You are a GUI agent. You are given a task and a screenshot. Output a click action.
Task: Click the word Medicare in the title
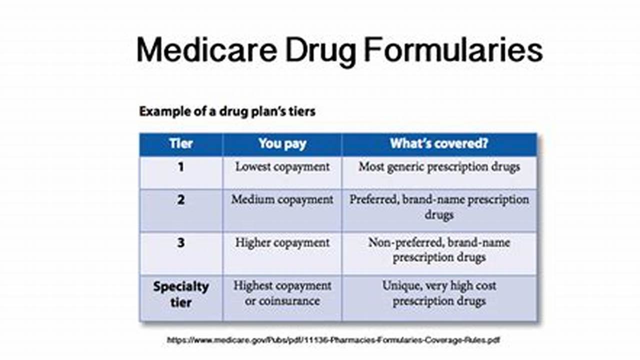[x=207, y=50]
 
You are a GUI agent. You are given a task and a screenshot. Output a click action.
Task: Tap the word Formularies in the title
[x=453, y=50]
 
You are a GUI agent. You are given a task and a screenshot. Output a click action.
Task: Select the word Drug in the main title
[x=321, y=52]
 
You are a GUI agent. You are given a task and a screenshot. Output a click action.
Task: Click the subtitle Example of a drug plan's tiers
[x=227, y=111]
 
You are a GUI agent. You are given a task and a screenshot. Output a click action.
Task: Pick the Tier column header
[x=181, y=143]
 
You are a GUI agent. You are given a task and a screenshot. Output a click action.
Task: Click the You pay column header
[x=282, y=144]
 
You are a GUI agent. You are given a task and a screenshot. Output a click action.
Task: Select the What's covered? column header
[x=439, y=143]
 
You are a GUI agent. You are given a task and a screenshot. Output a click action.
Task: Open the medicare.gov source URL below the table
[x=333, y=340]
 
